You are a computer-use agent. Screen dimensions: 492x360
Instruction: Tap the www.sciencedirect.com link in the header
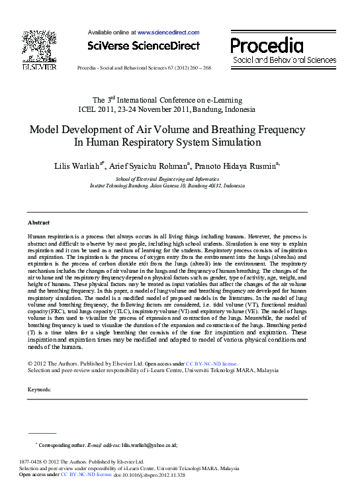(168, 32)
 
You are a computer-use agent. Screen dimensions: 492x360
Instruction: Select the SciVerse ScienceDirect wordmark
(144, 46)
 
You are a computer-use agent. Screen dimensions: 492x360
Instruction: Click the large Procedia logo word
(267, 45)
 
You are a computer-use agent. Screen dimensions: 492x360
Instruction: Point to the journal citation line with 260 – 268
(144, 68)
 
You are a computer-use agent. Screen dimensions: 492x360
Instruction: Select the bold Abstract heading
(38, 222)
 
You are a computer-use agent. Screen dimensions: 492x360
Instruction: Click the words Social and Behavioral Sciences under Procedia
(284, 60)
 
